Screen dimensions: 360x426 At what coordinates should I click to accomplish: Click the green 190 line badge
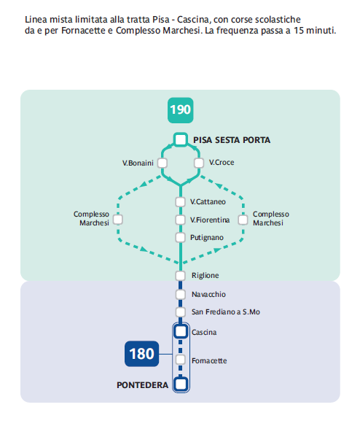[x=180, y=110]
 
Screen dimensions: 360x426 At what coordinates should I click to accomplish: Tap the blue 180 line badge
[x=141, y=354]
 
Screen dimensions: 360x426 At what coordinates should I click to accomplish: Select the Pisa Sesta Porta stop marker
[x=181, y=139]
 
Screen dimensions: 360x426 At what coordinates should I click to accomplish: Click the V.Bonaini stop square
[x=163, y=163]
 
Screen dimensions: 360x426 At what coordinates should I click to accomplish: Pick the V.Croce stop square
[x=199, y=163]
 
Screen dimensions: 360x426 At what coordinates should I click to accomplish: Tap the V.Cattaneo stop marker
[x=180, y=202]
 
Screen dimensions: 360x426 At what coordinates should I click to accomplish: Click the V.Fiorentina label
[x=210, y=220]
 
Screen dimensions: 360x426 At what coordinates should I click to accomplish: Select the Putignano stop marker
[x=180, y=237]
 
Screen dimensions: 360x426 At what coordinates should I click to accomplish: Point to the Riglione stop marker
[x=180, y=276]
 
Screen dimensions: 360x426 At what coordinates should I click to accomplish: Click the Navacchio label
[x=208, y=294]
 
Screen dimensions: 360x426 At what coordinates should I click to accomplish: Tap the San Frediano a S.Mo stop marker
[x=180, y=312]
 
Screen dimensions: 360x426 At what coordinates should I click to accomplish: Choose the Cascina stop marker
[x=181, y=331]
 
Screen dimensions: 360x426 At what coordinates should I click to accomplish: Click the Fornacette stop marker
[x=180, y=360]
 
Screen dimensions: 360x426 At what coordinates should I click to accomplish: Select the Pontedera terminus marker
[x=181, y=384]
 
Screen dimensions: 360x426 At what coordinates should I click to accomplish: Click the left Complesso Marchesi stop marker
[x=118, y=220]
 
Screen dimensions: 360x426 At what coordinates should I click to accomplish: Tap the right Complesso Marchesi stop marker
[x=243, y=220]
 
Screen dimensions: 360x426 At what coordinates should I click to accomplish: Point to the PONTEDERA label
[x=143, y=385]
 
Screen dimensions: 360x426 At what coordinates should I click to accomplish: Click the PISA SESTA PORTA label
[x=232, y=140]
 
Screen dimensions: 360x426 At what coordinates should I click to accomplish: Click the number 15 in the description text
[x=299, y=31]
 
